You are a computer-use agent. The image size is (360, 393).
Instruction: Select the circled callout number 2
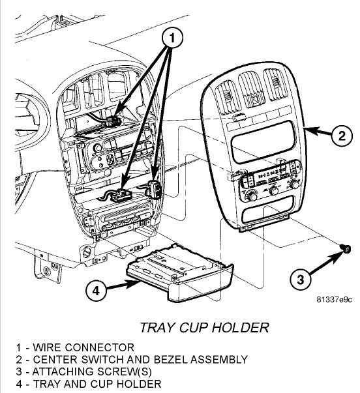340,136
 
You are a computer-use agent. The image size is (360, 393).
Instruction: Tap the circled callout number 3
301,280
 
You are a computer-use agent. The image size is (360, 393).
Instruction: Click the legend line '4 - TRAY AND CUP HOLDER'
81,385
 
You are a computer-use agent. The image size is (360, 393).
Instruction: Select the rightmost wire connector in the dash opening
156,188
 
